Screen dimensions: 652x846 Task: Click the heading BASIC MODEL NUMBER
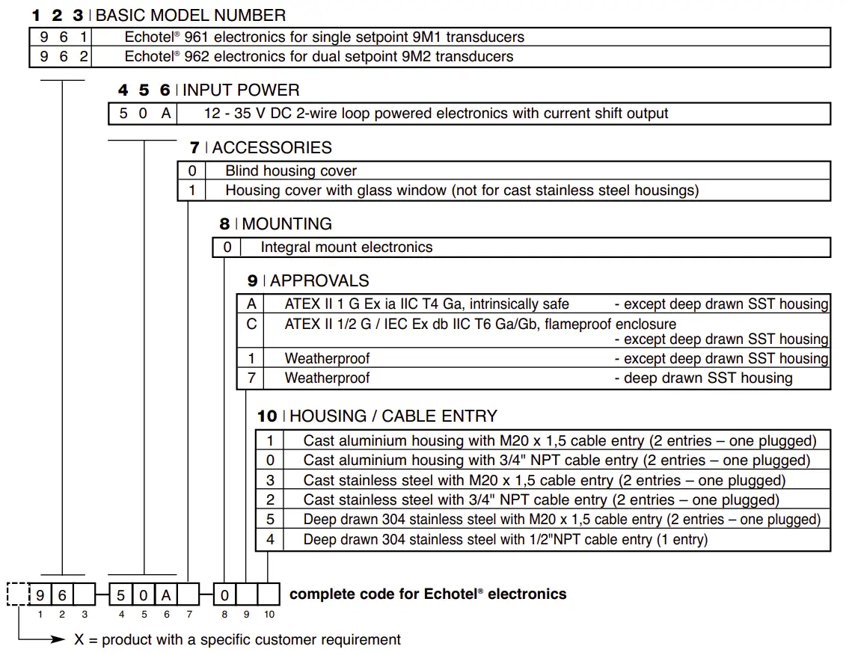coord(191,15)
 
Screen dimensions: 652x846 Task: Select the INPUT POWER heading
coord(241,90)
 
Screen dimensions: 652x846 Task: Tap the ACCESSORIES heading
coord(272,148)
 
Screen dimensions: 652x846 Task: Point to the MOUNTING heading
coord(286,224)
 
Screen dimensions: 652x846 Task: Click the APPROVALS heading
coord(319,281)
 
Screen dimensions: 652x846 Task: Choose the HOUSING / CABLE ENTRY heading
coord(393,416)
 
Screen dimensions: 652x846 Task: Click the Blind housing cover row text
coord(291,171)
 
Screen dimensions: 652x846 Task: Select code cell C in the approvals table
coord(251,324)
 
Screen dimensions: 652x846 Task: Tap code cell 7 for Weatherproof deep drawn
coord(251,378)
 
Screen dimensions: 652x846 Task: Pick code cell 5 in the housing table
coord(270,519)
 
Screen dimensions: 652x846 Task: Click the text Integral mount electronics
coord(346,247)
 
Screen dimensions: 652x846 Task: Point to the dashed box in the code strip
coord(17,594)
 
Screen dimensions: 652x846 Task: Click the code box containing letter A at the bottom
coord(166,594)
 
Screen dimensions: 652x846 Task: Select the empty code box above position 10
coord(269,594)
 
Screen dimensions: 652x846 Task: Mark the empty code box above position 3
coord(85,594)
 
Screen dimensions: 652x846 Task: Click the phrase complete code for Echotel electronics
coord(427,594)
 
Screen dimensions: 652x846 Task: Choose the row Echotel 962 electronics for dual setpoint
coord(319,57)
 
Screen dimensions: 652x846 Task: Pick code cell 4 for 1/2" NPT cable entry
coord(270,539)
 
